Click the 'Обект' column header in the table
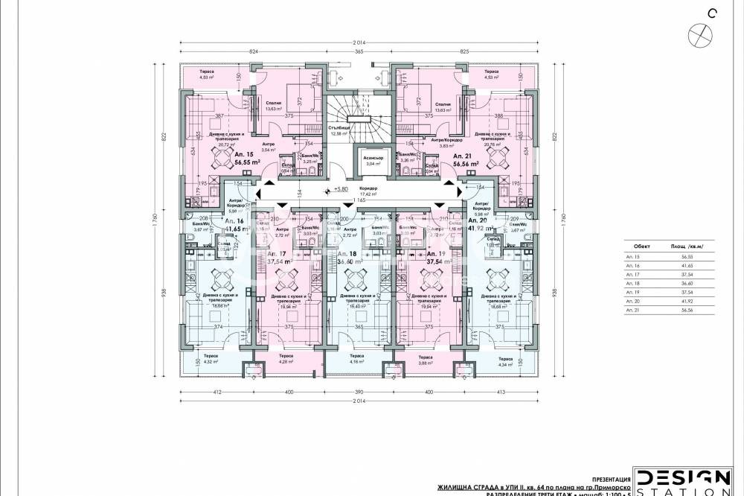[641, 244]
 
